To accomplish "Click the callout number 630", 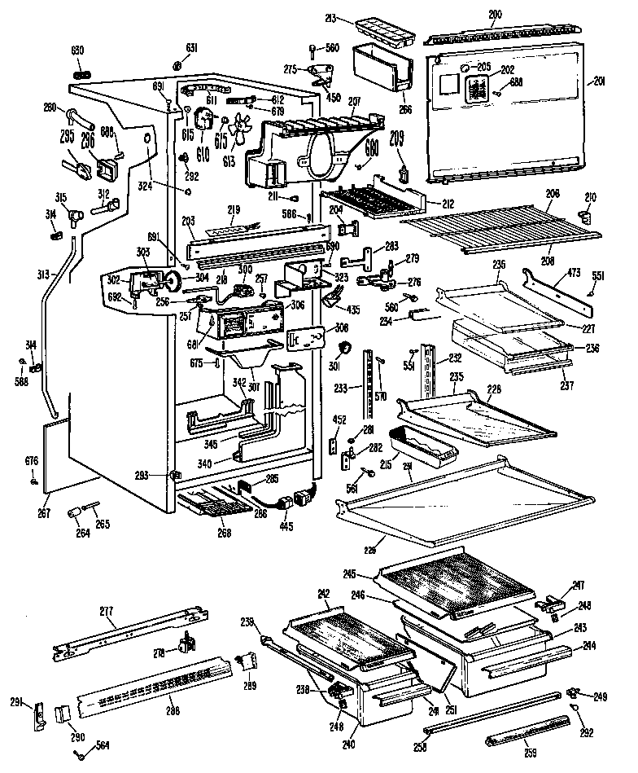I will [77, 51].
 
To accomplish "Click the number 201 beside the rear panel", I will [601, 80].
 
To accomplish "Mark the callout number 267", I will [42, 513].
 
